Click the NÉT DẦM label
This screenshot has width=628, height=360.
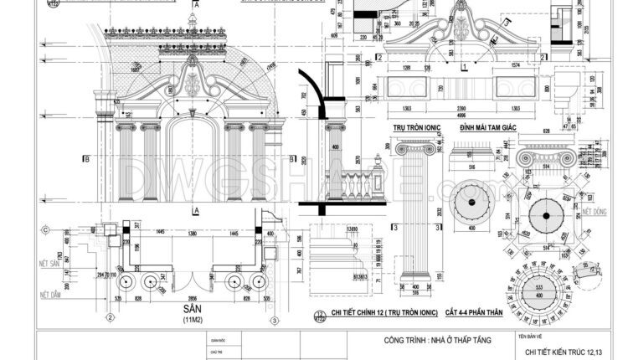pos(52,295)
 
